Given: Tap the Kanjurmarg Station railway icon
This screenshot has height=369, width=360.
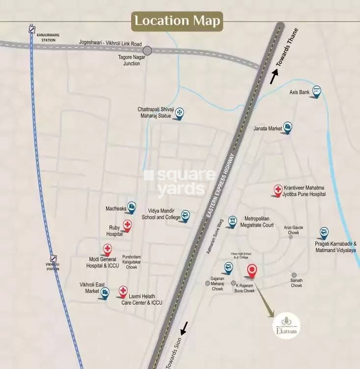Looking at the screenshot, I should click(x=32, y=29).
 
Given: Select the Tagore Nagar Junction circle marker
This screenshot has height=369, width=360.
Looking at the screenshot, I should click(x=147, y=50).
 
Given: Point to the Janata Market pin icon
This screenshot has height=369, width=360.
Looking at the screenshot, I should click(x=288, y=127).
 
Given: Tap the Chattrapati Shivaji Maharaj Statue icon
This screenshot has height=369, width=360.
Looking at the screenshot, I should click(x=180, y=113).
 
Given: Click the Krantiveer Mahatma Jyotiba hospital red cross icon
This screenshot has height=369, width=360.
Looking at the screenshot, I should click(x=278, y=190).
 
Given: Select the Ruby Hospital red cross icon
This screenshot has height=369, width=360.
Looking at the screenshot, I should click(x=127, y=226).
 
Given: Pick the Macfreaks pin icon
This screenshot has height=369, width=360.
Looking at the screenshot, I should click(x=131, y=207).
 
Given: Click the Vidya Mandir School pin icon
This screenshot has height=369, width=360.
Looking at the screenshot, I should click(x=185, y=215).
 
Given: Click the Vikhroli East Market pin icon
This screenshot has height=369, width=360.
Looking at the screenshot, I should click(x=105, y=293).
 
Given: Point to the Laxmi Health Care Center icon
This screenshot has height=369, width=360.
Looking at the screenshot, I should click(x=123, y=291).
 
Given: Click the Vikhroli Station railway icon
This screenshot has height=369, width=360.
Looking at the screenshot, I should click(x=54, y=258).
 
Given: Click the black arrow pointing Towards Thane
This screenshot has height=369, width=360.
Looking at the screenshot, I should click(x=274, y=76).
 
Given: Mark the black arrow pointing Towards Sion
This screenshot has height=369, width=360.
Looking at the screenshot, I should click(x=184, y=328).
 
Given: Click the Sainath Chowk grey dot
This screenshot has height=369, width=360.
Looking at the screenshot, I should click(x=294, y=275).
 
